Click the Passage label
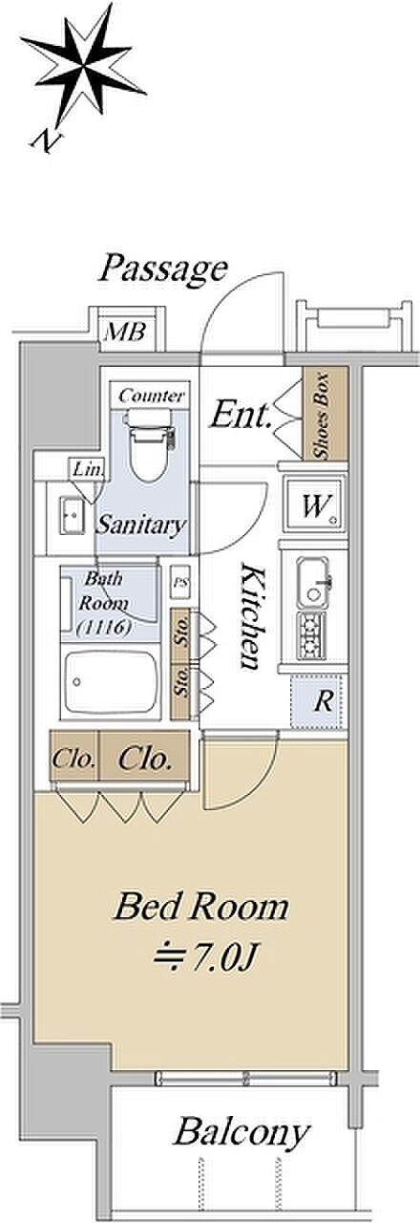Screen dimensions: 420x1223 click(163, 269)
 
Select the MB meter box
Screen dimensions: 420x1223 click(126, 332)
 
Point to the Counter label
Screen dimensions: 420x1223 click(152, 396)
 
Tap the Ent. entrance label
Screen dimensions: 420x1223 click(241, 416)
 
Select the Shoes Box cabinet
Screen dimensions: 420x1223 click(325, 414)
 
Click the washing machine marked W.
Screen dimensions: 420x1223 click(315, 504)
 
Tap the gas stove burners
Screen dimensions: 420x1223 click(312, 636)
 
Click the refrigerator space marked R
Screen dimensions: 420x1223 click(319, 702)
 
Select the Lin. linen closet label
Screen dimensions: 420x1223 click(88, 468)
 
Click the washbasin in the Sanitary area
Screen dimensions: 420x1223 click(72, 516)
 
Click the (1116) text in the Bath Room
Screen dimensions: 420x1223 click(104, 629)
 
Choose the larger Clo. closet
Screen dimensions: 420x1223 click(144, 759)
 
